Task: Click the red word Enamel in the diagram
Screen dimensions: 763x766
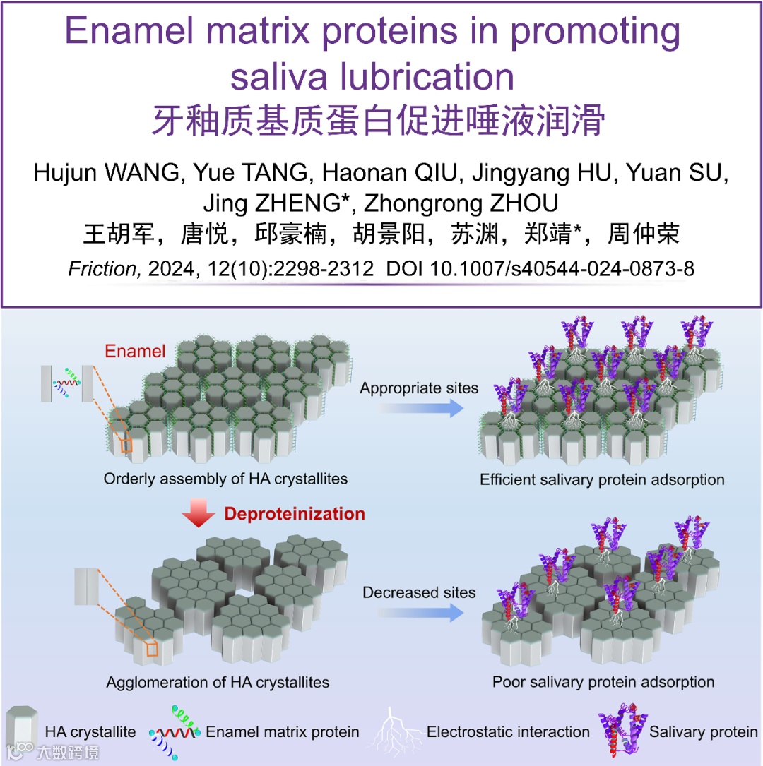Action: pyautogui.click(x=135, y=351)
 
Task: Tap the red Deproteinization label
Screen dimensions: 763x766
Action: pyautogui.click(x=295, y=513)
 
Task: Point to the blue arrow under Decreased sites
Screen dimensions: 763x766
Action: pyautogui.click(x=418, y=613)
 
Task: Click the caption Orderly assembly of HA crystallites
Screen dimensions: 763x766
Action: pyautogui.click(x=225, y=479)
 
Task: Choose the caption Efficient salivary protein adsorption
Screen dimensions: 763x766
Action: pyautogui.click(x=602, y=480)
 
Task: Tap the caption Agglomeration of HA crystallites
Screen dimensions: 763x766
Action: pyautogui.click(x=218, y=682)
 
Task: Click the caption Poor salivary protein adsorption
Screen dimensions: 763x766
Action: pyautogui.click(x=603, y=682)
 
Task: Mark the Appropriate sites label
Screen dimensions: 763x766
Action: pyautogui.click(x=419, y=388)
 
